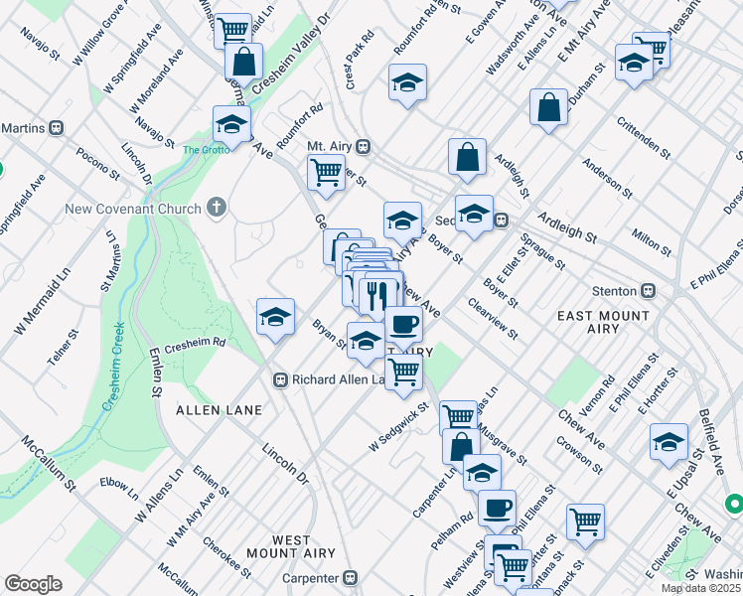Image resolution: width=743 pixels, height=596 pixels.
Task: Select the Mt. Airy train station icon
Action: coord(364,146)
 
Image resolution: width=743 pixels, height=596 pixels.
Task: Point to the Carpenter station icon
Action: coord(350,577)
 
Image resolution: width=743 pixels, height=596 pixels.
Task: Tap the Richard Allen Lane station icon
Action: coord(280,379)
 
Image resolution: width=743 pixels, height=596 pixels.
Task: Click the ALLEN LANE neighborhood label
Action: coord(219,409)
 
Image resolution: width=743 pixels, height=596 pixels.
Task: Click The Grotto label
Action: coord(206,150)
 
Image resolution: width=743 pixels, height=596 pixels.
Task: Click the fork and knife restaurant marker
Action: coord(377,295)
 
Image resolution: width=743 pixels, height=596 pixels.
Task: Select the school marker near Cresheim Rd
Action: coord(275,318)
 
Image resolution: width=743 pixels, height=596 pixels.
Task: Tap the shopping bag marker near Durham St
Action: coord(548,106)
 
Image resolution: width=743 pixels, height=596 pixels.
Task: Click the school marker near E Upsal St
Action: coord(669,441)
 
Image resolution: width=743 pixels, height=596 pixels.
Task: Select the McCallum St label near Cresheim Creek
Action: coord(49,464)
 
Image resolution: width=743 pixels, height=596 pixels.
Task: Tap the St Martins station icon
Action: coord(57,127)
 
